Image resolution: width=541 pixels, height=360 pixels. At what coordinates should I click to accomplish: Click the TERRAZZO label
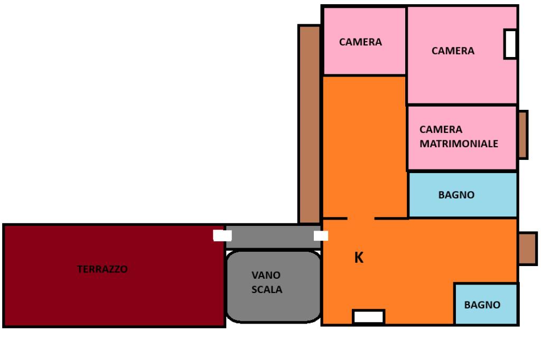(x=102, y=269)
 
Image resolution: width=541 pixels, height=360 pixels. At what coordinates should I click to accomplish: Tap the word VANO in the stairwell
(x=266, y=275)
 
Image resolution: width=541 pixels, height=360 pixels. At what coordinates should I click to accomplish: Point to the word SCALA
(x=267, y=290)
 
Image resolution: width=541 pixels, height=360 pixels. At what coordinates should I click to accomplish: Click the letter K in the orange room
(x=359, y=258)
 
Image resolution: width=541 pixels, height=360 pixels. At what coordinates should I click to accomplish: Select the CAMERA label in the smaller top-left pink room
(x=360, y=42)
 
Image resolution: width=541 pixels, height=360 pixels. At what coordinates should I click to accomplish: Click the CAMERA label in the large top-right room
(x=453, y=51)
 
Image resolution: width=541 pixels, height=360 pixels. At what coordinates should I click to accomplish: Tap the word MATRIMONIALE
(x=459, y=144)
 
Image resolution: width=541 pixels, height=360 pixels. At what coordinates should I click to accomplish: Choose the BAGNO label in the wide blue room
(x=456, y=195)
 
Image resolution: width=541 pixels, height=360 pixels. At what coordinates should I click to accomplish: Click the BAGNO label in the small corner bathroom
(x=482, y=305)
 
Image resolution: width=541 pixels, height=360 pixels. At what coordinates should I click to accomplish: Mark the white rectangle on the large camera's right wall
(x=510, y=44)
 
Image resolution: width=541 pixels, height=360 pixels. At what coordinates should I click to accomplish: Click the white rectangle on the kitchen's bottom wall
(x=368, y=317)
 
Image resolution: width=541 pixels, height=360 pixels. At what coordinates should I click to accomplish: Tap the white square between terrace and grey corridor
(x=222, y=235)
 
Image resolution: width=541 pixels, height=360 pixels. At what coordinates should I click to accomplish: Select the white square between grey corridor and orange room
(x=321, y=235)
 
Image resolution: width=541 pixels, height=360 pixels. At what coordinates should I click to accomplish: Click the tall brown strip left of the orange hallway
(x=309, y=124)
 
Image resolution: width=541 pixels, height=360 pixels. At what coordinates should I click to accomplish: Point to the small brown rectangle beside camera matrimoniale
(x=523, y=135)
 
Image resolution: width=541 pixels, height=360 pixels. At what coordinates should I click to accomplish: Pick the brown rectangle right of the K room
(x=527, y=249)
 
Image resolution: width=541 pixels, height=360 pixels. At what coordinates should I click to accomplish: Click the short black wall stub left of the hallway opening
(x=335, y=218)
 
